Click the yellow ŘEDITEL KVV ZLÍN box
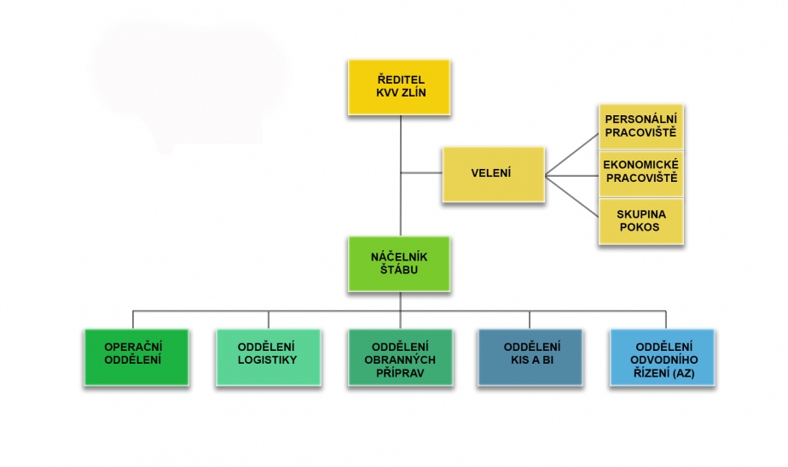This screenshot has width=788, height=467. (399, 87)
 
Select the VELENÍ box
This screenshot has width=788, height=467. (493, 174)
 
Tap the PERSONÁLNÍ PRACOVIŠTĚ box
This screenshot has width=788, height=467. (640, 126)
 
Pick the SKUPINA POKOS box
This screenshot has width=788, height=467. (640, 221)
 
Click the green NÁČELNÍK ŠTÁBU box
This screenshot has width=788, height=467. (399, 264)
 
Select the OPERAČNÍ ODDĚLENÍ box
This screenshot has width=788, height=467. (136, 357)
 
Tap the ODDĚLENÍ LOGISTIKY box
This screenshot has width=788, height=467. (268, 357)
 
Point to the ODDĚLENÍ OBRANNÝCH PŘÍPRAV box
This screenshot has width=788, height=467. (399, 357)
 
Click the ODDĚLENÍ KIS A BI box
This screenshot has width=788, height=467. (530, 357)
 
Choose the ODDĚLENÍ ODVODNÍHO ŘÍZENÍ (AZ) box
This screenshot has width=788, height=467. (663, 357)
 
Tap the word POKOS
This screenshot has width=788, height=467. (640, 227)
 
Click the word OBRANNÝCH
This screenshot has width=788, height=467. (399, 359)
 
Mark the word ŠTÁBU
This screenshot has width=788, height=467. (399, 270)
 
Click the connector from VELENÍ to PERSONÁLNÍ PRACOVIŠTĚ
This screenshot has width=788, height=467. (571, 155)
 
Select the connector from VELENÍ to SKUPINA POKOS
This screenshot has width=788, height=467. (571, 195)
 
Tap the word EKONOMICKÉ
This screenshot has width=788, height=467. (640, 165)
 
